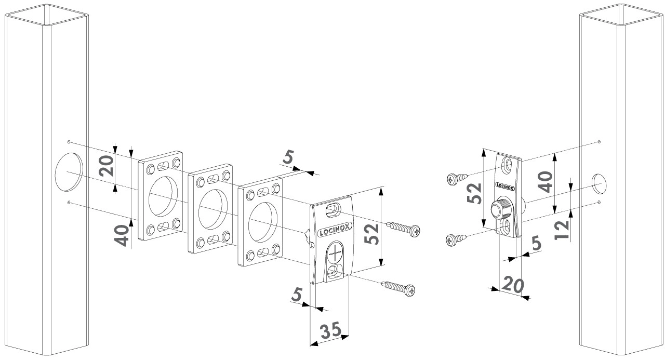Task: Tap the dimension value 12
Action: pyautogui.click(x=562, y=228)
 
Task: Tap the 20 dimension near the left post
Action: pyautogui.click(x=107, y=166)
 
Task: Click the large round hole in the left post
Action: pyautogui.click(x=69, y=171)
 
